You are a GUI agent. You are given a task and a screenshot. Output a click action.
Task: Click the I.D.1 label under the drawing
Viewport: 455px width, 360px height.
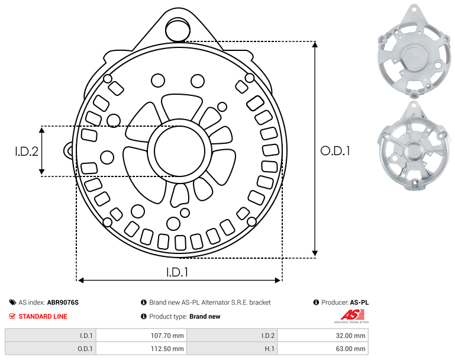[178, 272]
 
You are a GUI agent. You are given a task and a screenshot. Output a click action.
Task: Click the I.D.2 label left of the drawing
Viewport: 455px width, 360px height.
[27, 151]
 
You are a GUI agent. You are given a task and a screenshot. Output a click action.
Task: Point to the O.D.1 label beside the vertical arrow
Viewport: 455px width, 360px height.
[335, 150]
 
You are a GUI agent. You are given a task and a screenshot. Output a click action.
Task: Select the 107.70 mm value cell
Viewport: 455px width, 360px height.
[141, 336]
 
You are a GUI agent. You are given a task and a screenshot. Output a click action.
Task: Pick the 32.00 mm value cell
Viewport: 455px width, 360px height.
[323, 336]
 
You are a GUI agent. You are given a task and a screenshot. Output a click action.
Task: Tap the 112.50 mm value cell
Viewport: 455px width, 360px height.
[141, 349]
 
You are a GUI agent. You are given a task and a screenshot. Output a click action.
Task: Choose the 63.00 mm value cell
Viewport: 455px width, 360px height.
[323, 349]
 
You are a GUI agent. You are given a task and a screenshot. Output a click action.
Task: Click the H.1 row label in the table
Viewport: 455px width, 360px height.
[270, 349]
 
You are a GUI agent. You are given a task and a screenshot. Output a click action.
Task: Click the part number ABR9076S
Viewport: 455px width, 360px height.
[63, 303]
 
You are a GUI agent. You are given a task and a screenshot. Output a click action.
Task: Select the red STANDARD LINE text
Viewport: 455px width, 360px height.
[43, 316]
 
